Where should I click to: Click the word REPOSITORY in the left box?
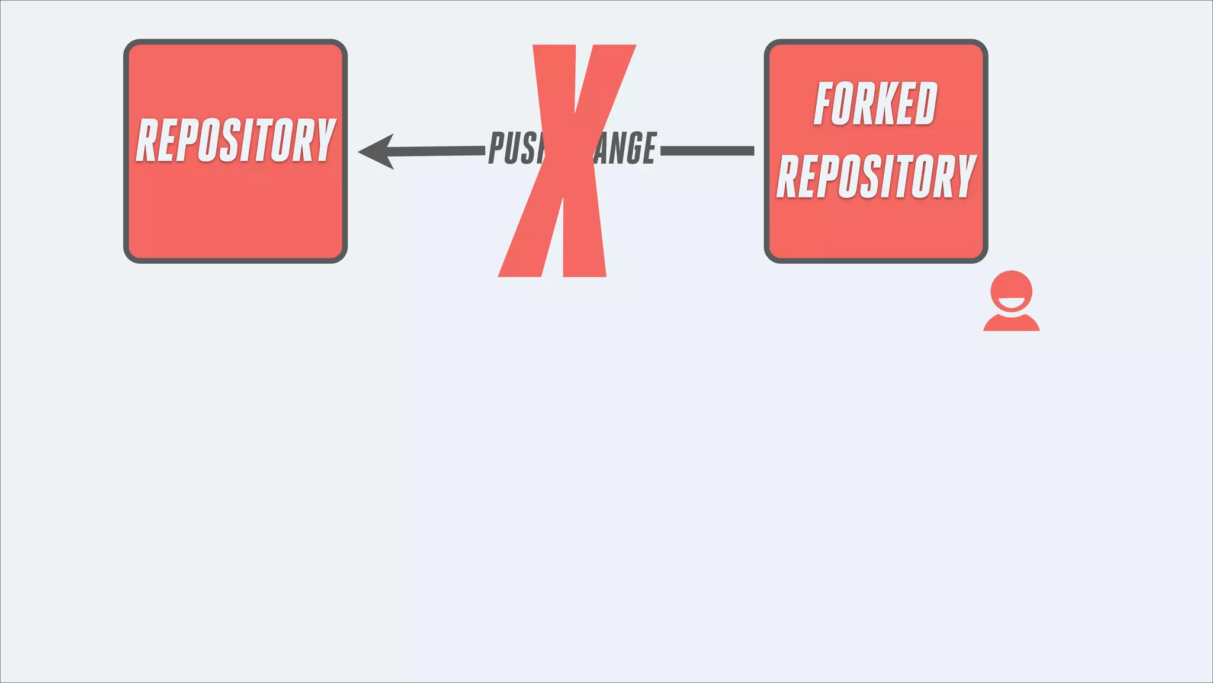pos(236,140)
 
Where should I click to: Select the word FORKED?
pos(875,104)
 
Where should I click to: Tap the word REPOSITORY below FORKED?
pos(875,176)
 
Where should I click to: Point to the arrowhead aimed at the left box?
pos(376,152)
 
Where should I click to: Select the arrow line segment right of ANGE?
pos(707,151)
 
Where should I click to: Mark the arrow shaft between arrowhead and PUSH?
pos(438,151)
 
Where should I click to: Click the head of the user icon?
pos(1011,287)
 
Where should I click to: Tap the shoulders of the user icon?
pos(1011,323)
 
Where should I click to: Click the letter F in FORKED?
pos(824,104)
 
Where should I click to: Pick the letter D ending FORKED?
pos(926,104)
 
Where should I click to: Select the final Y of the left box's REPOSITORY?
pos(325,140)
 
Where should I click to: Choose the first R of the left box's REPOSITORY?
pos(147,140)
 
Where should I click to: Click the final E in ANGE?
pos(649,148)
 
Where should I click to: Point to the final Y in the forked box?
pos(965,176)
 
